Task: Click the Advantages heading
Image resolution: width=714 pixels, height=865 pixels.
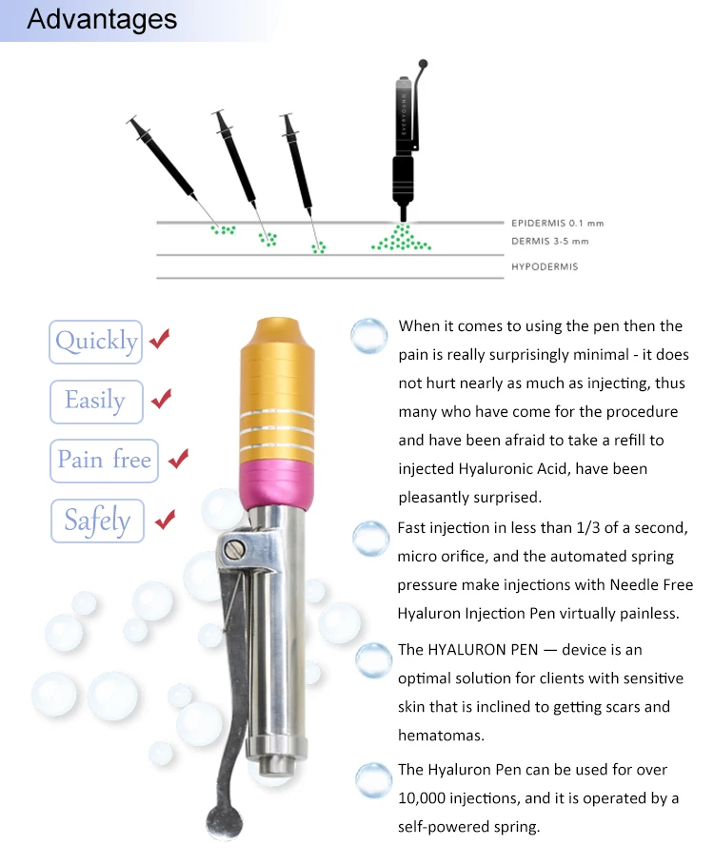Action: [x=102, y=20]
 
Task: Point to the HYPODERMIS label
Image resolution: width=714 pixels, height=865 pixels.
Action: [x=544, y=266]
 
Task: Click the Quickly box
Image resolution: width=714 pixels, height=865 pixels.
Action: [x=96, y=342]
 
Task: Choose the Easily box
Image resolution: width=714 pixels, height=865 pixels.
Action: [x=95, y=401]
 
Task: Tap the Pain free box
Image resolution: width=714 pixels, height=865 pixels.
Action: [x=104, y=461]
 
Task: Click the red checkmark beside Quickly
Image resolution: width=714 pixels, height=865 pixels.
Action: [x=160, y=338]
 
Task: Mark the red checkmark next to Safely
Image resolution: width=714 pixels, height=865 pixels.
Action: [x=165, y=519]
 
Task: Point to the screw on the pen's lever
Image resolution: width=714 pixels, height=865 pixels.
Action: [x=235, y=548]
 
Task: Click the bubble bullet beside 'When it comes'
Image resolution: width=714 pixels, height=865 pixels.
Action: [x=369, y=335]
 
